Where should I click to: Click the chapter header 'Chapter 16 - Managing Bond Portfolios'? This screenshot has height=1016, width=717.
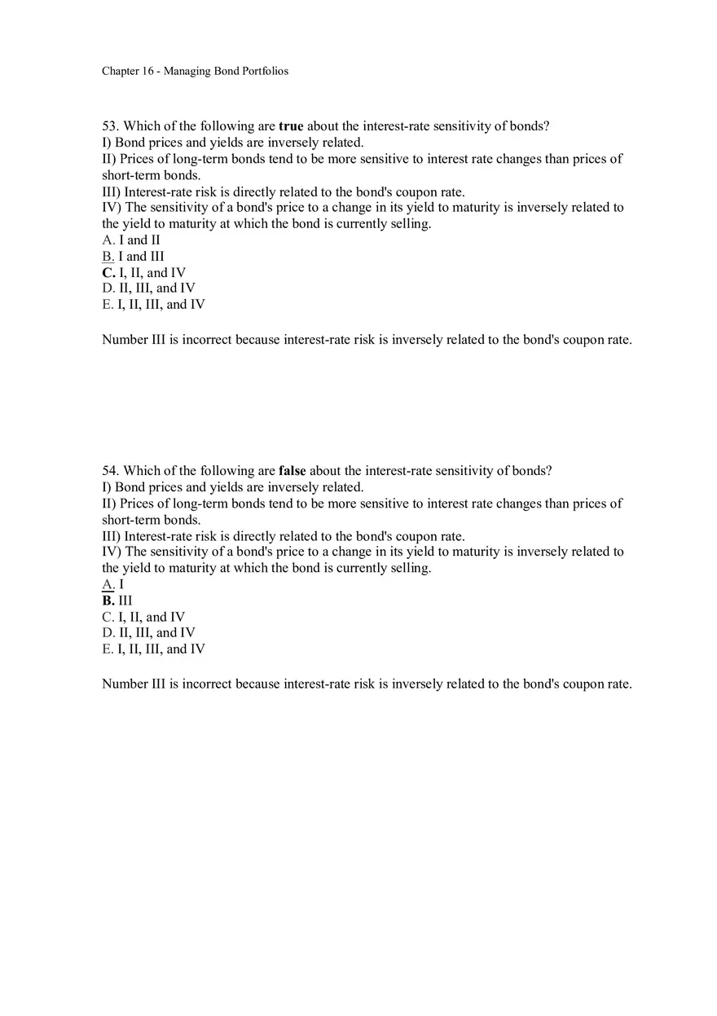pos(195,71)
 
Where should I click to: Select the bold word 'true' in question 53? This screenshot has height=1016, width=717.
pos(291,126)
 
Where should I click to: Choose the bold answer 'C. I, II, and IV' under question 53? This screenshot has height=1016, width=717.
pos(144,273)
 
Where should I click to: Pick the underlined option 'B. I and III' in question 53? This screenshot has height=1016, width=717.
pos(133,257)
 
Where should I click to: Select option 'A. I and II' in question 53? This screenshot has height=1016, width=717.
pos(131,240)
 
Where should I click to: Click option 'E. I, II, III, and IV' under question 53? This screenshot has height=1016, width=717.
pos(153,305)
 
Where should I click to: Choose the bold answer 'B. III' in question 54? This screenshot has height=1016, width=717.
pos(117,601)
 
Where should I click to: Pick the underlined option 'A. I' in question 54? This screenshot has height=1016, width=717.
pos(112,585)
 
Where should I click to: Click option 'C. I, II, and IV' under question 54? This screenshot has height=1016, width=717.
pos(143,618)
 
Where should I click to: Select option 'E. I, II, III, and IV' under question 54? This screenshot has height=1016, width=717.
pos(153,649)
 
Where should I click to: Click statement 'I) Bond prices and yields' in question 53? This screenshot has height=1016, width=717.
pos(232,143)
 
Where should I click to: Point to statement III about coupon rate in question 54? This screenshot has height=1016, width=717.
pos(283,536)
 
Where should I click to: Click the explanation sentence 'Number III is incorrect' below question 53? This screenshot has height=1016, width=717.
pos(367,340)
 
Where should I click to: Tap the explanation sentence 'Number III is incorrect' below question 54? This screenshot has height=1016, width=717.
pos(367,684)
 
